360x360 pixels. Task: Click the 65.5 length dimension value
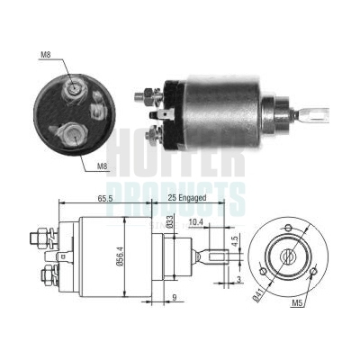pos(104,198)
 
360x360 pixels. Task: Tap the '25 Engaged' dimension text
pos(186,198)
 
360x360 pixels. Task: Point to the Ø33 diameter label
pos(170,222)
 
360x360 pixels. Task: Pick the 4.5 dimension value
pos(235,242)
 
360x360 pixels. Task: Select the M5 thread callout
pos(296,304)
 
